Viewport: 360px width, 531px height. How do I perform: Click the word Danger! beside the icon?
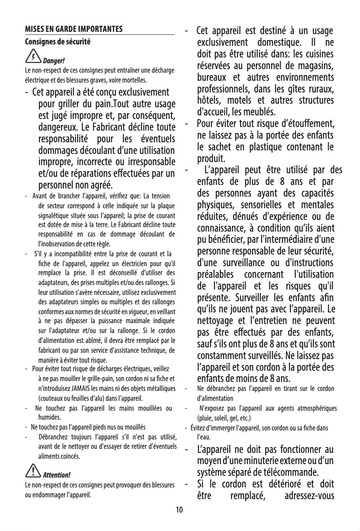pos(54,61)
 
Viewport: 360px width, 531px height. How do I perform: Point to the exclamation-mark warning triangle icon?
pos(33,471)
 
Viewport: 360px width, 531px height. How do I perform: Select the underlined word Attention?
pos(57,475)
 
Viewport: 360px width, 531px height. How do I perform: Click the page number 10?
pos(180,510)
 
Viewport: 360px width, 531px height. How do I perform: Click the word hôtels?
pos(211,100)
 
